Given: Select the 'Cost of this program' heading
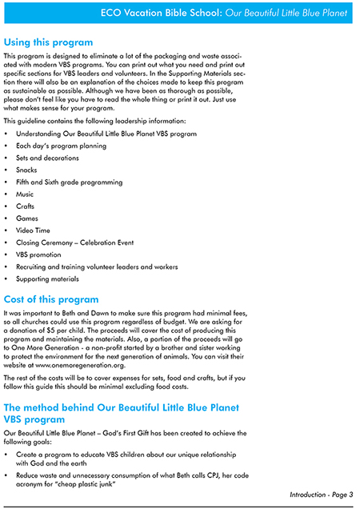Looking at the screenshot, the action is tap(51, 299).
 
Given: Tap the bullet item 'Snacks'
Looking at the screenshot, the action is tap(26, 170).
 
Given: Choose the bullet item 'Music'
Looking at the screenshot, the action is tap(25, 194).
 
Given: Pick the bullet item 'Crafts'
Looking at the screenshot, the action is tap(26, 206).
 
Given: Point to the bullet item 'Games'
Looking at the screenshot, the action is tap(26, 218).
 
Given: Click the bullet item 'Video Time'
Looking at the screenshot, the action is tap(33, 230).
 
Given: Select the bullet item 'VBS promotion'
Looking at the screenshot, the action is tap(38, 254).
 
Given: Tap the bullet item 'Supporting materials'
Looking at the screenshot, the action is tap(47, 279).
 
